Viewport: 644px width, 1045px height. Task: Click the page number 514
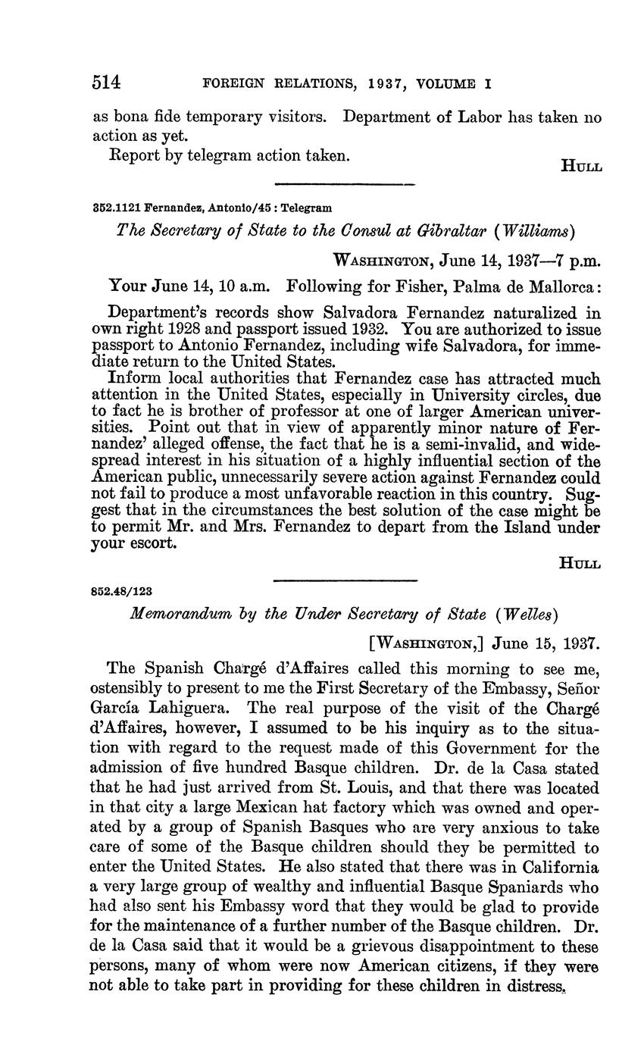click(107, 83)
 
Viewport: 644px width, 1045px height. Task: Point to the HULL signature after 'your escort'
click(580, 563)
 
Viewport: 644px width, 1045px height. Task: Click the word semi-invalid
click(453, 445)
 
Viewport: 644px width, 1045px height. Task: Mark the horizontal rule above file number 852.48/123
click(345, 580)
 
